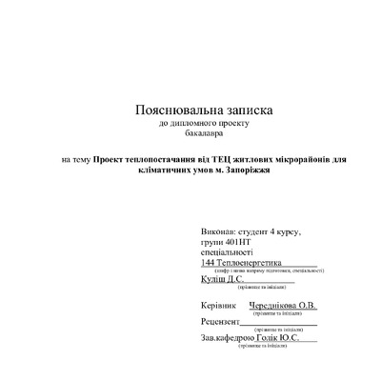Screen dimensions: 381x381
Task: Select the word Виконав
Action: (x=219, y=232)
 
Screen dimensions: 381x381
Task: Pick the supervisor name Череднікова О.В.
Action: (x=283, y=305)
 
